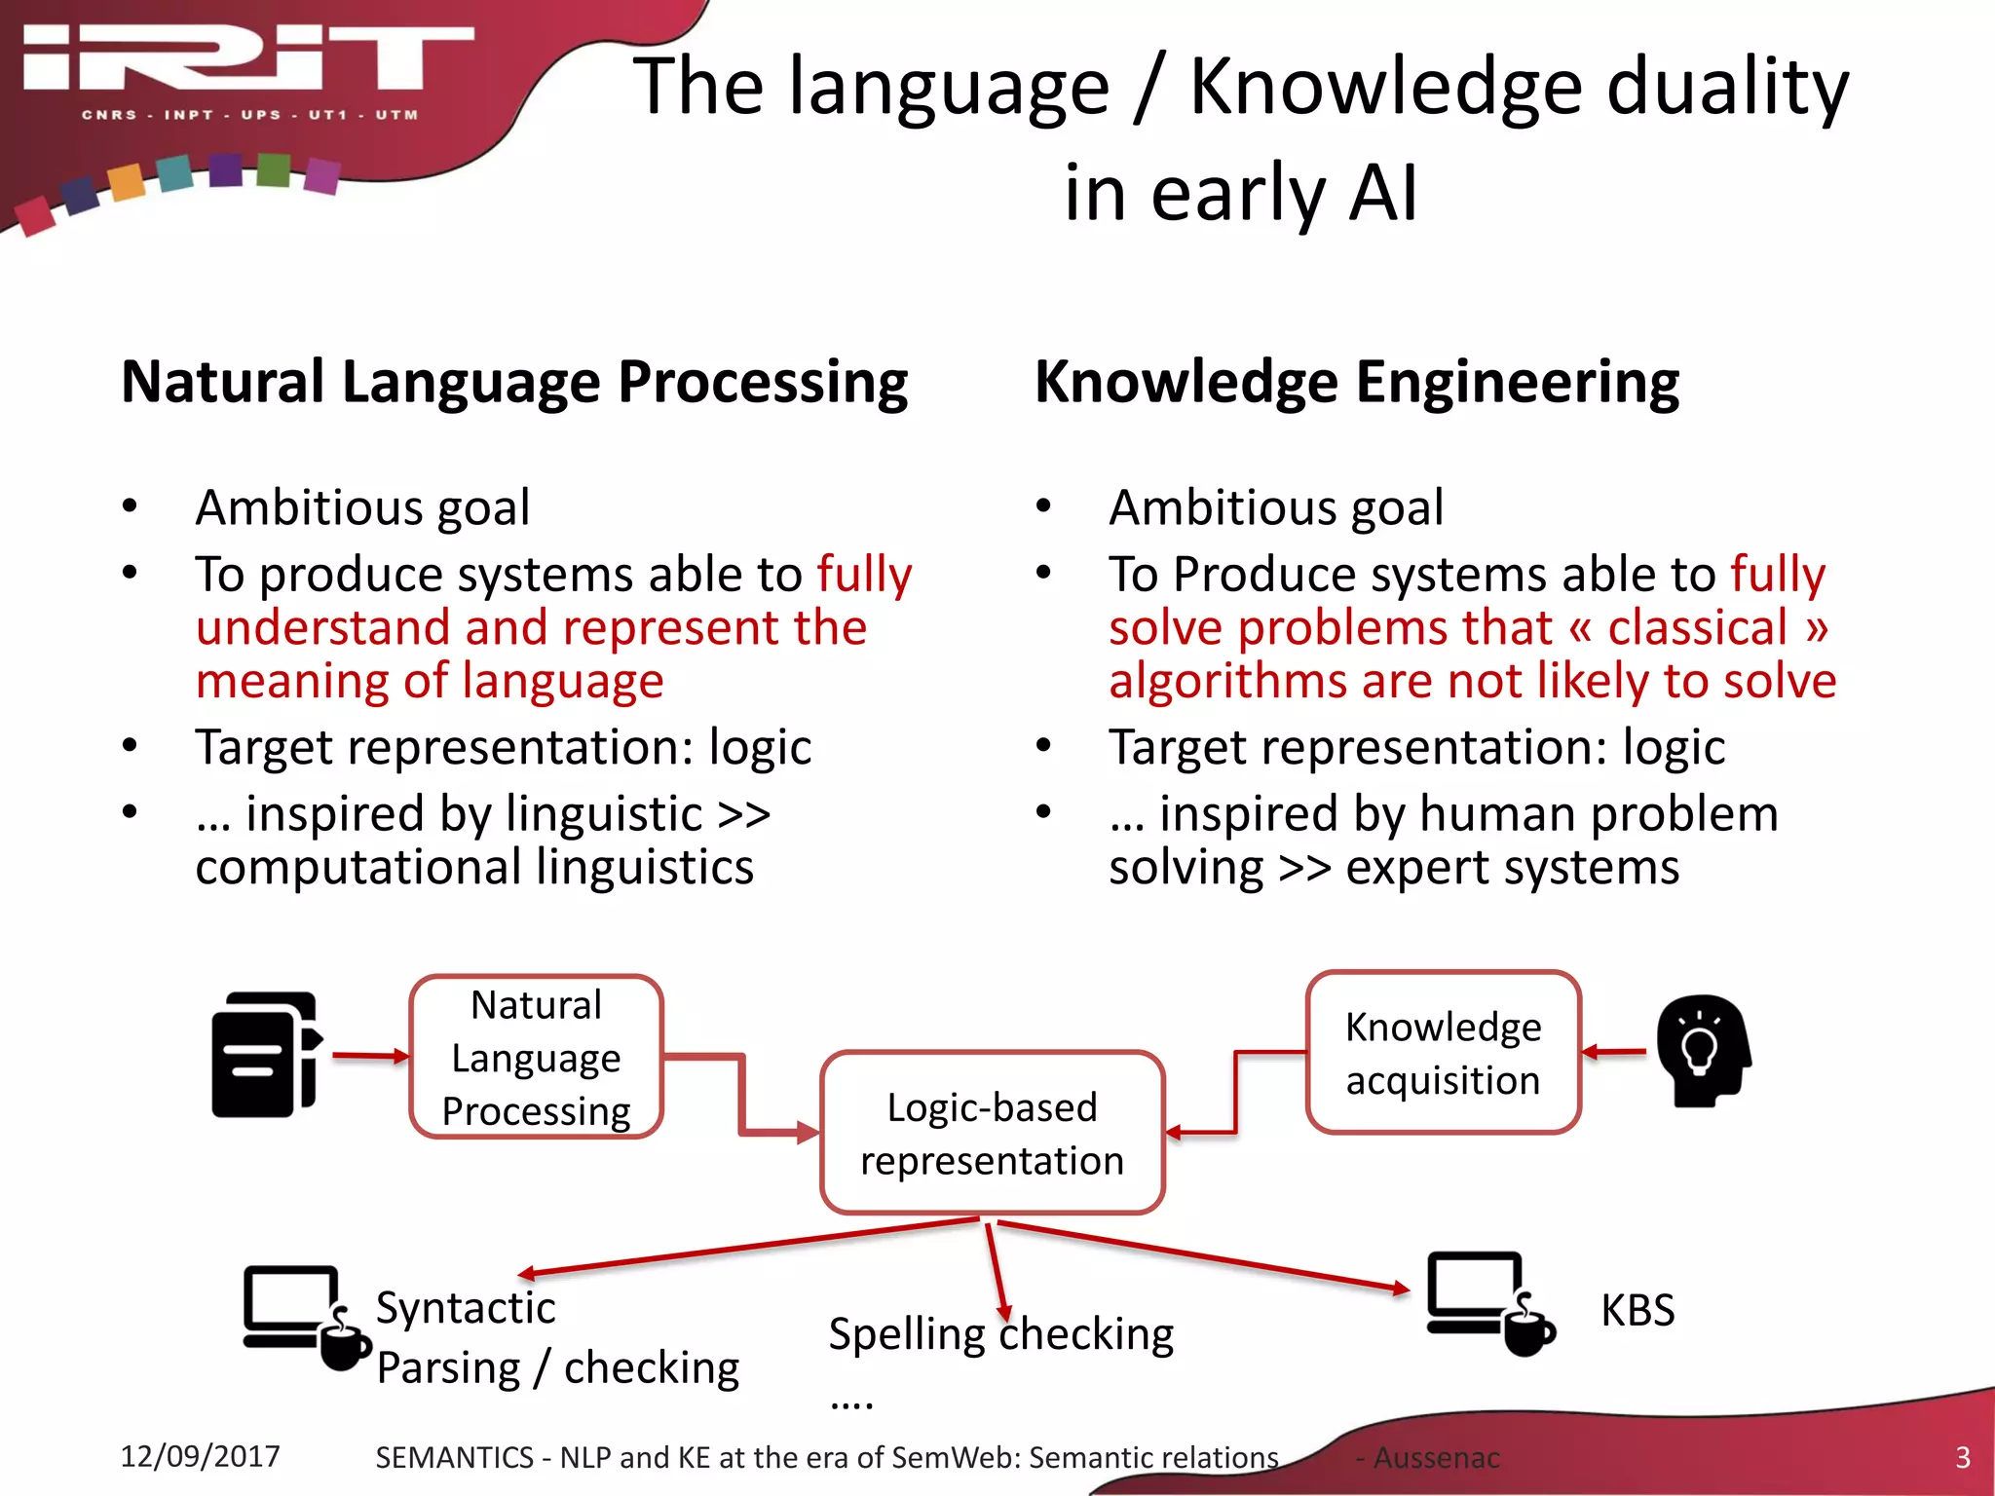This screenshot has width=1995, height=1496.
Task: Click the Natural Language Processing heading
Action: tap(514, 382)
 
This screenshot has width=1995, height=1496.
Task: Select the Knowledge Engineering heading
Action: tap(1356, 382)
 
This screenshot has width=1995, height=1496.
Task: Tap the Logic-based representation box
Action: tap(992, 1134)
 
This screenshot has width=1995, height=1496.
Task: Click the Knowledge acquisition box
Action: tap(1443, 1053)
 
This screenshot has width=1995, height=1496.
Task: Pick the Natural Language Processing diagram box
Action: tap(536, 1058)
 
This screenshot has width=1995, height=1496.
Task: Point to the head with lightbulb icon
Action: tap(1703, 1051)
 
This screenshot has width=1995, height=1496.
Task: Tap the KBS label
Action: tap(1637, 1310)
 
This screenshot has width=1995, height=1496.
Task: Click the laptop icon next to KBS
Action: tap(1487, 1302)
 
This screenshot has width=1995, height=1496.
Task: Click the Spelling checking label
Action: tap(1000, 1334)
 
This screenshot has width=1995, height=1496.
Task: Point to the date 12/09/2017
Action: tap(200, 1456)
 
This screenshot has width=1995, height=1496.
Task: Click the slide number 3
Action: tap(1962, 1457)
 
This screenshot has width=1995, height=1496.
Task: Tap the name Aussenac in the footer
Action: tap(1436, 1458)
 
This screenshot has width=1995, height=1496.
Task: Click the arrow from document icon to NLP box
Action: tap(370, 1056)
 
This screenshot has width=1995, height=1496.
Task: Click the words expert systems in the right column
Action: tap(1512, 867)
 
